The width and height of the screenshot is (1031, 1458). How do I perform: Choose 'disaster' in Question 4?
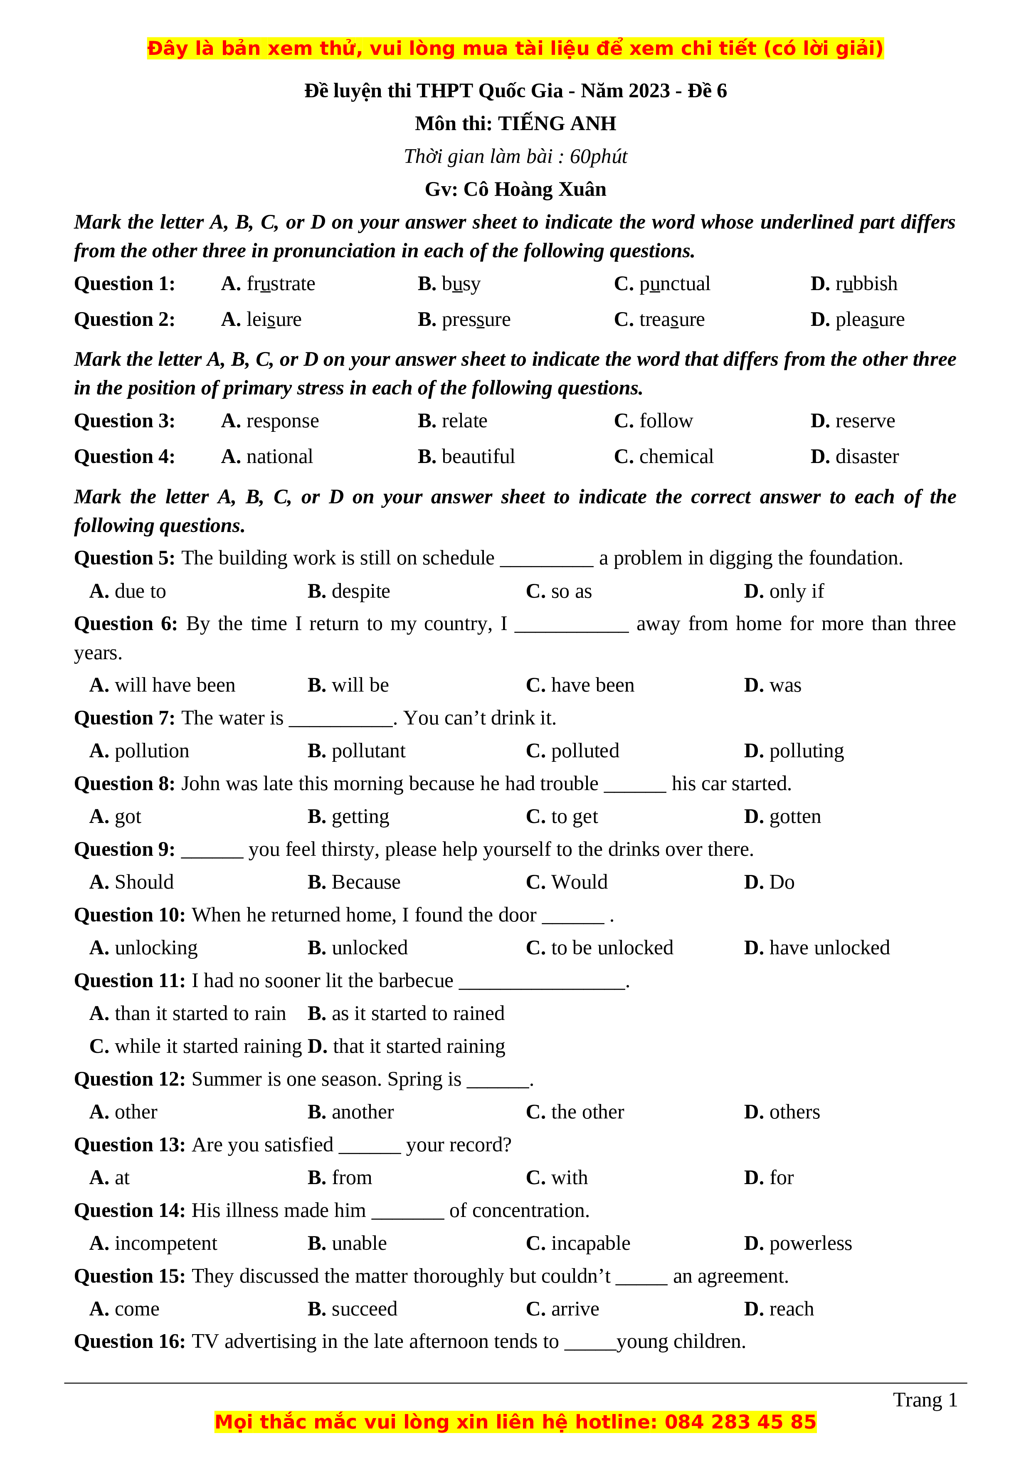coord(866,457)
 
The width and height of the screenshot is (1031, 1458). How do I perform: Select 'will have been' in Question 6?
coord(175,685)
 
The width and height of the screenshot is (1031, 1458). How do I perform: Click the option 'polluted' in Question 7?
coord(585,751)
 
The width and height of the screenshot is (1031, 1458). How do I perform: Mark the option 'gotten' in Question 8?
coord(795,817)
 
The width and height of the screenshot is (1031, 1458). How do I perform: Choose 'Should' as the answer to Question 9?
coord(143,882)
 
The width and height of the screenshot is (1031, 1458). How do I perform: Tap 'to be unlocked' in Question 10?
coord(612,948)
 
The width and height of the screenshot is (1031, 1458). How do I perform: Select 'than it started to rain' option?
coord(200,1013)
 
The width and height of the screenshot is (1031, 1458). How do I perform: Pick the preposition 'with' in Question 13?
coord(569,1178)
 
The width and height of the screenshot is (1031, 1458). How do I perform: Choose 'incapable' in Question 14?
coord(590,1244)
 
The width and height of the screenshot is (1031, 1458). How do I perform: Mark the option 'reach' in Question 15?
coord(791,1309)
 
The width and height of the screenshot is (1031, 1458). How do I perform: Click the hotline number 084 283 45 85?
coord(740,1422)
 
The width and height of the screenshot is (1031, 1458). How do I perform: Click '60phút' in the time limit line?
coord(598,156)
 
